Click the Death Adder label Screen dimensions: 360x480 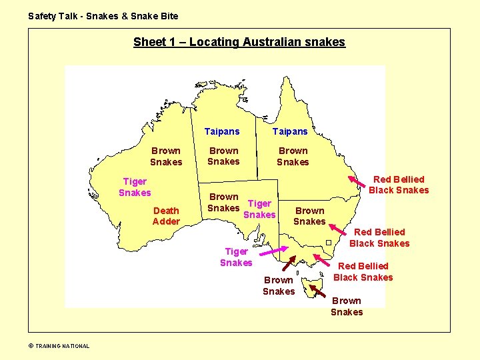pyautogui.click(x=166, y=216)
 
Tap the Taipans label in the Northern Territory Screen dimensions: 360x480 pyautogui.click(x=222, y=131)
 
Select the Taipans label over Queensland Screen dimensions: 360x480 pyautogui.click(x=290, y=131)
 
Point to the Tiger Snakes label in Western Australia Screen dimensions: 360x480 pyautogui.click(x=135, y=187)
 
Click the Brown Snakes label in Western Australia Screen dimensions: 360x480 pyautogui.click(x=166, y=156)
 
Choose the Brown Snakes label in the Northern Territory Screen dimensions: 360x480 pyautogui.click(x=223, y=156)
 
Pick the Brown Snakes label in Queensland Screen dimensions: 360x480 pyautogui.click(x=293, y=156)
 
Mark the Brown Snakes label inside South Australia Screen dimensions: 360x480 pyautogui.click(x=223, y=202)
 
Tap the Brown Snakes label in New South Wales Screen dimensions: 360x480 pyautogui.click(x=309, y=216)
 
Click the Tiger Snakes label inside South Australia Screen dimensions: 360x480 pyautogui.click(x=259, y=209)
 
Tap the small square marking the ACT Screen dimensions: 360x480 pyautogui.click(x=329, y=242)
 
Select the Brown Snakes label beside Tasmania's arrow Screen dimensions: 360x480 pyautogui.click(x=347, y=307)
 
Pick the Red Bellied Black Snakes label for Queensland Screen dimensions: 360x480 pyautogui.click(x=399, y=185)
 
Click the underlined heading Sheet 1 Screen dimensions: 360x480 pyautogui.click(x=239, y=42)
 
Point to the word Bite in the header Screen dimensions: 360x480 pyautogui.click(x=169, y=16)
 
